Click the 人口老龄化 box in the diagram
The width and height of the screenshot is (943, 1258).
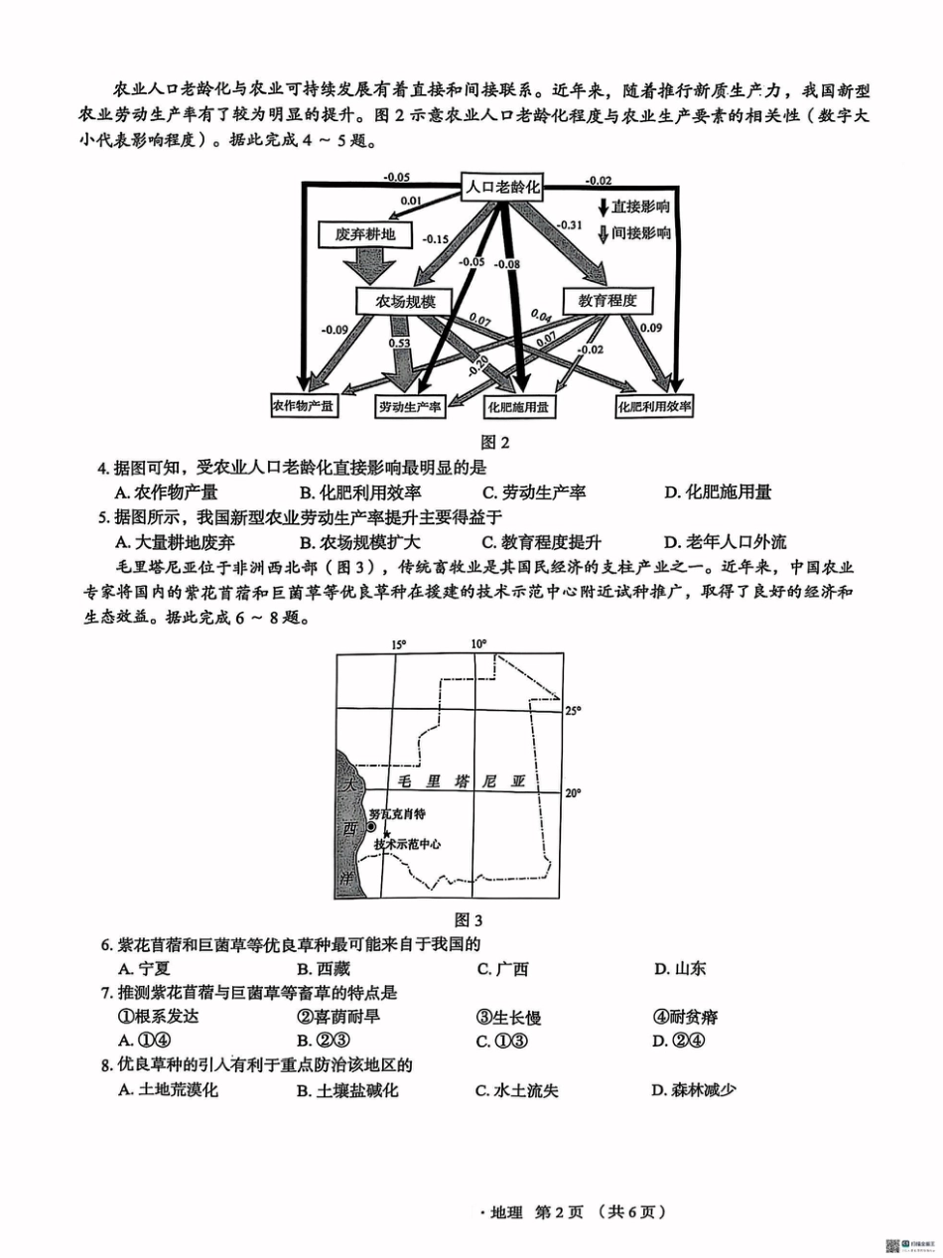(505, 186)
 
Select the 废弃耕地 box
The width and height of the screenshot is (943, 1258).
(358, 234)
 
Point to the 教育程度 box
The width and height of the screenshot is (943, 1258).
(606, 300)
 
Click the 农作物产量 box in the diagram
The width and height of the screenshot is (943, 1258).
(304, 406)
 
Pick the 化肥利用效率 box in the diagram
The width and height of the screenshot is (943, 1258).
(683, 406)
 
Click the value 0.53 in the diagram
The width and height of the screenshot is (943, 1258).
(400, 343)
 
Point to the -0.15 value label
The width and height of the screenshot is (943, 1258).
(435, 239)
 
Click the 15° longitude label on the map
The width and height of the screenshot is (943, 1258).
(397, 644)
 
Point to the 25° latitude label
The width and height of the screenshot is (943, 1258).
(573, 711)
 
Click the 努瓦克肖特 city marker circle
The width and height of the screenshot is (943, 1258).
(370, 826)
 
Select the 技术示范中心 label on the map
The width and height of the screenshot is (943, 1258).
(407, 845)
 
